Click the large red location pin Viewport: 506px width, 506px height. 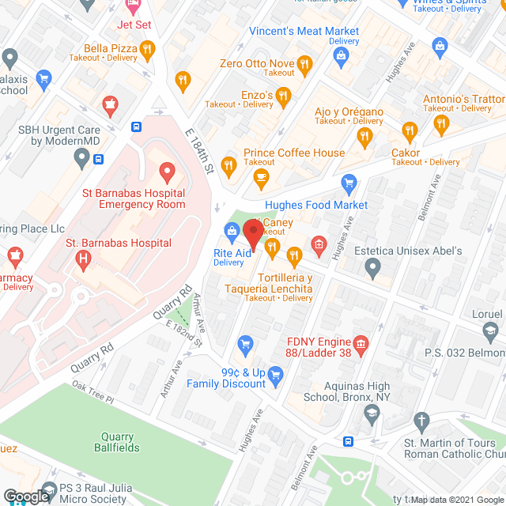(x=253, y=232)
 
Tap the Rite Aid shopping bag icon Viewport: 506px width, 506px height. (x=232, y=231)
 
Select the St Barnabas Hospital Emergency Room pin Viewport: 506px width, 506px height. (x=166, y=171)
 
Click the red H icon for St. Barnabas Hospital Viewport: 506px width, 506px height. (x=82, y=258)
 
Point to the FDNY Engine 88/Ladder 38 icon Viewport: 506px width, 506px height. (x=361, y=343)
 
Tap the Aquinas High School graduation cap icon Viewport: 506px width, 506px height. (x=371, y=413)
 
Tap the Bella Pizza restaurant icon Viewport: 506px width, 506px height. (x=147, y=51)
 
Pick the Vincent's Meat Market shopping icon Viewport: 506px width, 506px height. (x=341, y=54)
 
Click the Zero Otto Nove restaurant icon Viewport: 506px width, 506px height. (x=304, y=63)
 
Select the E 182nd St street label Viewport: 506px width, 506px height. (x=184, y=332)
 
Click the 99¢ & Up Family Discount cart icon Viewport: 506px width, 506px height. (x=275, y=373)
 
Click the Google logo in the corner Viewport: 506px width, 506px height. (x=25, y=496)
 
